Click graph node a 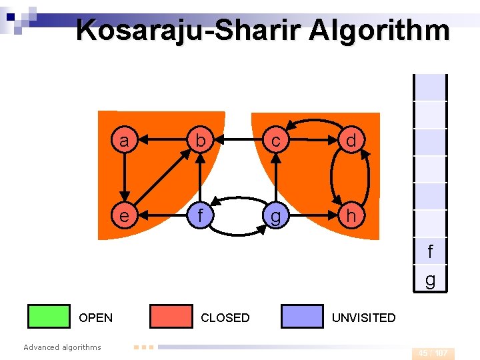pyautogui.click(x=123, y=141)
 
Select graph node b pyautogui.click(x=199, y=141)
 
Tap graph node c pyautogui.click(x=275, y=141)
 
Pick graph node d pyautogui.click(x=351, y=141)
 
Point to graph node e pyautogui.click(x=123, y=216)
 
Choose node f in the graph pyautogui.click(x=199, y=216)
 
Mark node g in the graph pyautogui.click(x=275, y=217)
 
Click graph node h pyautogui.click(x=351, y=216)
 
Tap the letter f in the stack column pyautogui.click(x=430, y=252)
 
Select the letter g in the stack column pyautogui.click(x=430, y=280)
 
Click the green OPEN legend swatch pyautogui.click(x=49, y=317)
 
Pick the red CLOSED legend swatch pyautogui.click(x=171, y=317)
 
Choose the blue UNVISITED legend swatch pyautogui.click(x=302, y=317)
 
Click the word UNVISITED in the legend pyautogui.click(x=363, y=318)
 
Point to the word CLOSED pyautogui.click(x=225, y=318)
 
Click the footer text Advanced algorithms pyautogui.click(x=62, y=347)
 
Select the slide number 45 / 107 pyautogui.click(x=433, y=353)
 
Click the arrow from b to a pyautogui.click(x=161, y=141)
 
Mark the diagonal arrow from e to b pyautogui.click(x=161, y=179)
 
